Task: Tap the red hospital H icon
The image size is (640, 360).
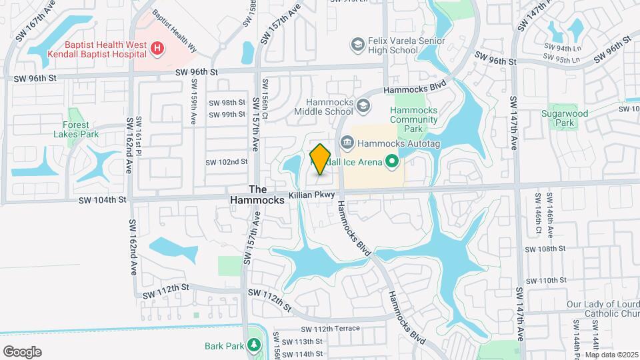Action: (x=157, y=48)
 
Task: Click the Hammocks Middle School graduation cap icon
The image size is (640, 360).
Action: (x=363, y=106)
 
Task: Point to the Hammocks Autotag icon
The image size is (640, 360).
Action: (x=347, y=143)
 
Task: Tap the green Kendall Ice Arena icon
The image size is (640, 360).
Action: (x=392, y=161)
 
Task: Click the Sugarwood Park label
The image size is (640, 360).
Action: (x=573, y=119)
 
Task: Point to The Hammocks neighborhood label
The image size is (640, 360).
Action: (x=262, y=194)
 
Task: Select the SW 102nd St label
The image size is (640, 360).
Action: (x=226, y=161)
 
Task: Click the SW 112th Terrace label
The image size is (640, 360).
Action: (x=330, y=328)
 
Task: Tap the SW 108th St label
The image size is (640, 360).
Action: (x=545, y=249)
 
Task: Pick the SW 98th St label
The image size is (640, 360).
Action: (x=227, y=103)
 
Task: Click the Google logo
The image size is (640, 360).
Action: (x=22, y=352)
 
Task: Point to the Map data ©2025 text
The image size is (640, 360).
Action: (x=611, y=355)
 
